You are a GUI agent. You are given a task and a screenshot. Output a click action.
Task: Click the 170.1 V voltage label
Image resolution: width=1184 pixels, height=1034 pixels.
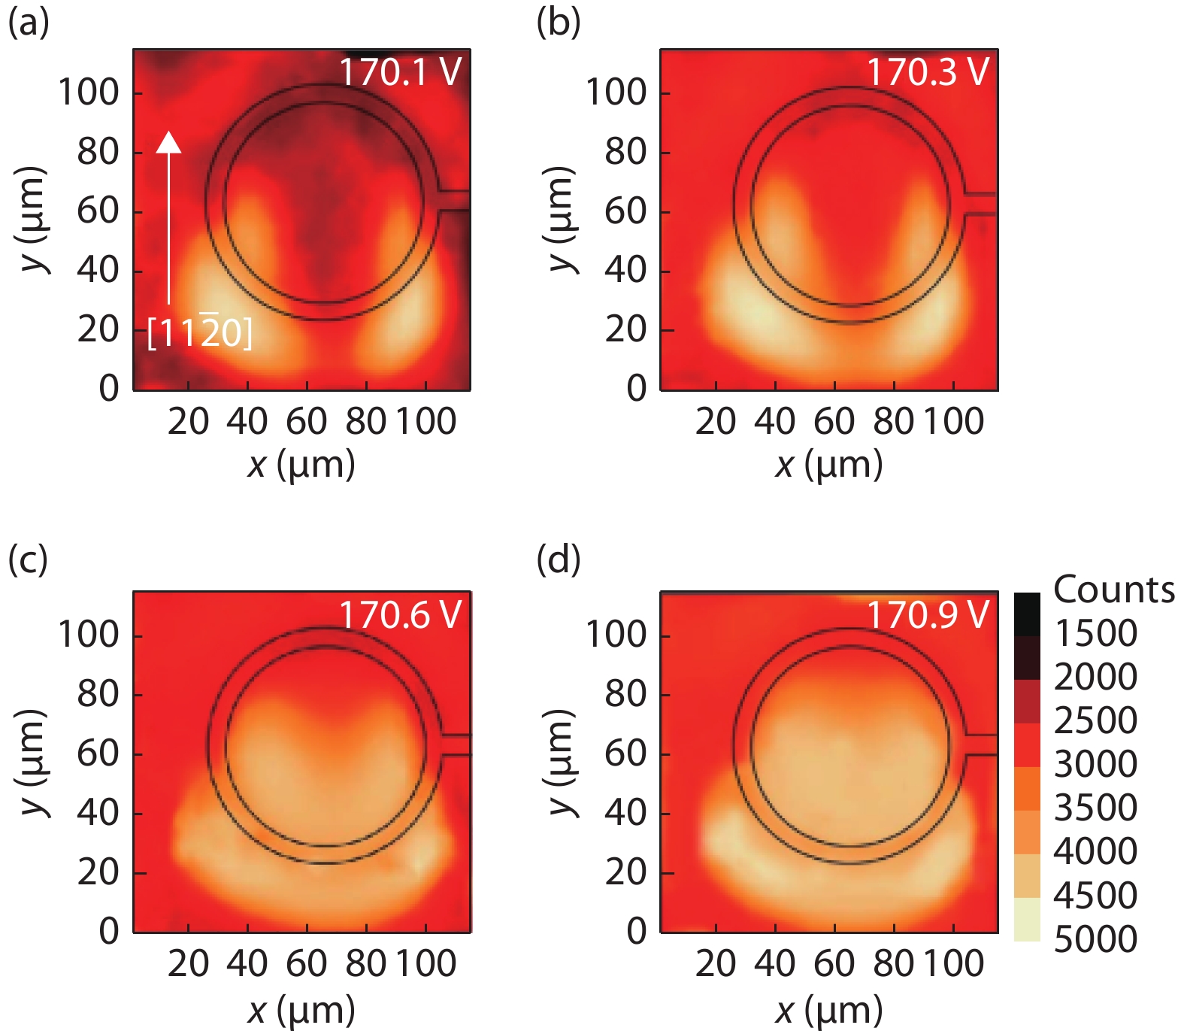coord(400,72)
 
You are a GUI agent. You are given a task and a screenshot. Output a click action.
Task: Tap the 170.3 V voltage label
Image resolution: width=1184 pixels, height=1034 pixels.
coord(928,72)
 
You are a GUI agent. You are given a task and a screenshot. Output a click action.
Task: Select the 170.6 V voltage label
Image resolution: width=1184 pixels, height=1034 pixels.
coord(400,615)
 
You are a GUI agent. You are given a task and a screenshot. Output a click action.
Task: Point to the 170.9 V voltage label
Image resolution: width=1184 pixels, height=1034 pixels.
coord(928,615)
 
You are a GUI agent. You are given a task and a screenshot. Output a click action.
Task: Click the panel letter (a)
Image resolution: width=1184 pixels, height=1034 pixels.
coord(28,23)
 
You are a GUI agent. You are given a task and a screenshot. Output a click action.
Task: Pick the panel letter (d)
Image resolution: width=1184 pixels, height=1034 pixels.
coord(558,559)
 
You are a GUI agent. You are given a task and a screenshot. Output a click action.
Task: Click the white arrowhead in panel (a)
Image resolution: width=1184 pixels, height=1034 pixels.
coord(168,142)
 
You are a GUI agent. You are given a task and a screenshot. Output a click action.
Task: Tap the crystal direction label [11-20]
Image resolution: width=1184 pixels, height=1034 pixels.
coord(199,332)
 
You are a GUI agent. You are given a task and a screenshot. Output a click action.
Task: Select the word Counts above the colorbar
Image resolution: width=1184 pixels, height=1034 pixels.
coord(1113,590)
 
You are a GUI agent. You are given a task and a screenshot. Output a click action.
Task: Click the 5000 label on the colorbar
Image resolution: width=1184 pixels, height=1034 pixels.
coord(1095,939)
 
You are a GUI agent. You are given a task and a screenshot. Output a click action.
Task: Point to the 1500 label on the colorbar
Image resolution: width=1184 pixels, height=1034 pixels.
coord(1095,634)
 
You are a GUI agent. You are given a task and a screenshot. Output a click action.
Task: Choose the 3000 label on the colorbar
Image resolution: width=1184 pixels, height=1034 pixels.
coord(1095,765)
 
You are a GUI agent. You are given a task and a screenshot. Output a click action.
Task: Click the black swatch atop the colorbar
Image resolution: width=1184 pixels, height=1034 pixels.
coord(1027,614)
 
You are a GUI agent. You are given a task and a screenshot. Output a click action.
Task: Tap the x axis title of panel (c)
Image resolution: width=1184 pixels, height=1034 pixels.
coord(301,1010)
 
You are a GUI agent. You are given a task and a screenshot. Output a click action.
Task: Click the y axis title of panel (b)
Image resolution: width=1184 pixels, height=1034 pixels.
coord(559,220)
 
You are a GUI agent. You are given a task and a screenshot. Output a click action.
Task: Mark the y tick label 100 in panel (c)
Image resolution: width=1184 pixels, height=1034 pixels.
coord(89,635)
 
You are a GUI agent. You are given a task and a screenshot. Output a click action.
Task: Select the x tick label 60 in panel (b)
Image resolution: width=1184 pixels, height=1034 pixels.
coord(834,422)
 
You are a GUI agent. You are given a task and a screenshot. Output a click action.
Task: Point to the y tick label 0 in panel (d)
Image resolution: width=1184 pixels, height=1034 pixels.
coord(636,932)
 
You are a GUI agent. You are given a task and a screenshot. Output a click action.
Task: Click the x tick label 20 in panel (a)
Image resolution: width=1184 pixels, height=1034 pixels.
coord(188,422)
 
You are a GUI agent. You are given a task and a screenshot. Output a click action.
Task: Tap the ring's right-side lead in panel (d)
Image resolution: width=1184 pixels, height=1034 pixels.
coord(980,745)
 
